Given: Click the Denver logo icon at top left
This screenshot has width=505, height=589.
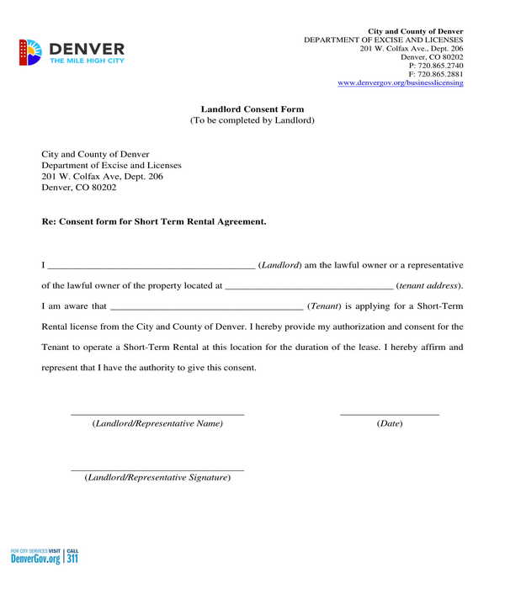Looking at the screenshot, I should [x=29, y=52].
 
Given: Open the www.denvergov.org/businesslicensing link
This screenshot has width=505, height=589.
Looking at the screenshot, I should [x=400, y=82].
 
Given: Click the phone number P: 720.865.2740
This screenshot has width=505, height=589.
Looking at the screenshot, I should [x=436, y=65].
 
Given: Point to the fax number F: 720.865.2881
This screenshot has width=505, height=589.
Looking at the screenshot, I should [x=436, y=74].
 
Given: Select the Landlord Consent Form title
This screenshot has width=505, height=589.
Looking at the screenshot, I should [x=252, y=109].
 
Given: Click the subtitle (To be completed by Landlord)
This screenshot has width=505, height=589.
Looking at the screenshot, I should [x=252, y=120].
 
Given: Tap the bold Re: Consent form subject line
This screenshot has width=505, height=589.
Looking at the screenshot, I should [x=154, y=221].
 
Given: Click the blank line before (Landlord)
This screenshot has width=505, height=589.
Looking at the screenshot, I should [x=151, y=266].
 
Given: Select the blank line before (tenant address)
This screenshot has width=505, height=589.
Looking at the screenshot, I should [x=309, y=286].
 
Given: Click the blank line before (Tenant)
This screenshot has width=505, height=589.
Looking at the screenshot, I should [x=206, y=306].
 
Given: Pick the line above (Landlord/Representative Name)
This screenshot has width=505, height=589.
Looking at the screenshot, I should [x=157, y=414].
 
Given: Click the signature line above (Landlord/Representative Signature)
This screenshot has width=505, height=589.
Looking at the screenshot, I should [x=157, y=470].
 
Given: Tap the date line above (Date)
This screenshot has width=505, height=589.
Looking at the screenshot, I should [x=389, y=414].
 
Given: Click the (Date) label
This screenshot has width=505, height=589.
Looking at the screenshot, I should [x=389, y=423].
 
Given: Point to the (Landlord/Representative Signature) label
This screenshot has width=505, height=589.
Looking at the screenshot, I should [x=157, y=478].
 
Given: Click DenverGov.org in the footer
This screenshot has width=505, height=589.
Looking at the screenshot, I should [x=35, y=559].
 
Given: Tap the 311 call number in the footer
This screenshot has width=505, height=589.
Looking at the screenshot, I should [x=72, y=558].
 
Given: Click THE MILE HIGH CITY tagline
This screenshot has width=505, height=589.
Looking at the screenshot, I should [x=88, y=61].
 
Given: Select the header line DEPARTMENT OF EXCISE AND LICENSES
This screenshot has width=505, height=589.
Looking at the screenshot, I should [x=383, y=40].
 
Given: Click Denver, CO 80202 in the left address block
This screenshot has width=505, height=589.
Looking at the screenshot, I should [x=79, y=188].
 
